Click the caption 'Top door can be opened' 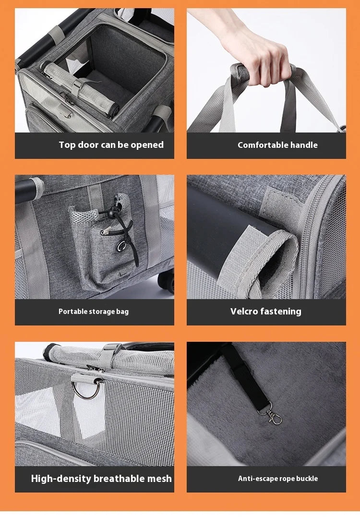[x=111, y=145]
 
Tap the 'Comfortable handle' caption [x=277, y=145]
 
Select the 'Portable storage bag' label [x=94, y=312]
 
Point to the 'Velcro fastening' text [x=266, y=312]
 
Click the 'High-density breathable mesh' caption [x=101, y=479]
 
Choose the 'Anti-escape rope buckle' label [x=278, y=479]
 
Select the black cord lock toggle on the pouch [x=111, y=214]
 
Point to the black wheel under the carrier [x=167, y=281]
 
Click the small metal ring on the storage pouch [x=121, y=246]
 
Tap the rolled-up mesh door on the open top [x=80, y=88]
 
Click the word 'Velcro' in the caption [x=244, y=312]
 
